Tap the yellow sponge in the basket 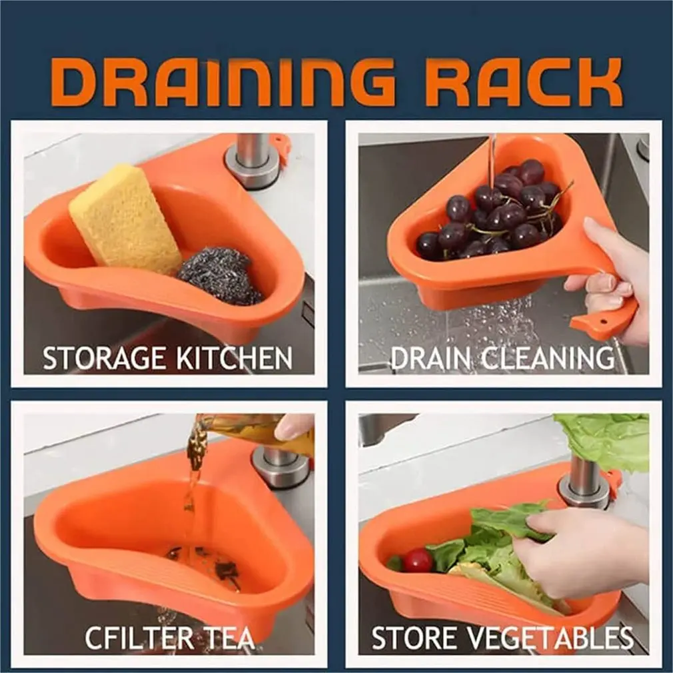pyautogui.click(x=125, y=219)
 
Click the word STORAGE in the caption pyautogui.click(x=105, y=358)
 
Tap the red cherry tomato pyautogui.click(x=418, y=560)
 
